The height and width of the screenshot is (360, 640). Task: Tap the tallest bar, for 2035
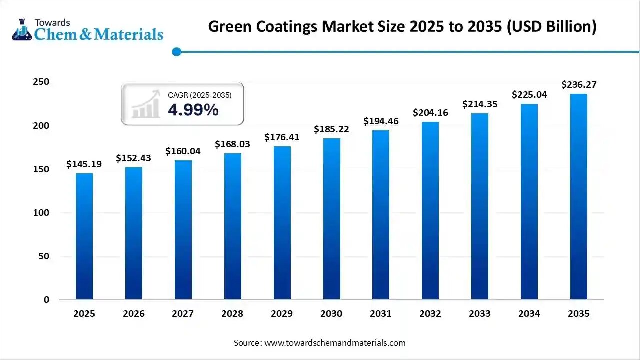(579, 197)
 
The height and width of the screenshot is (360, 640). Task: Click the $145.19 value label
(84, 164)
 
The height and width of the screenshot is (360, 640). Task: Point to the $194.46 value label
(381, 121)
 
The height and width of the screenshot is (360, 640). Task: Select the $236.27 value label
(579, 84)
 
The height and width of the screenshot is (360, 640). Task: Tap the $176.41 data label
(282, 137)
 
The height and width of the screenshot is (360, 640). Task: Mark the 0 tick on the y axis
(46, 300)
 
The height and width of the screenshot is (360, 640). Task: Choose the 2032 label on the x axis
(430, 314)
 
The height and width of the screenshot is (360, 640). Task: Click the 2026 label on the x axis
(134, 314)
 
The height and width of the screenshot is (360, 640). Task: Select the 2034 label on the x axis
(529, 314)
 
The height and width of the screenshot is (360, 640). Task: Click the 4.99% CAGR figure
(193, 110)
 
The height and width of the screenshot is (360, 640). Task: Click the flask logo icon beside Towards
(21, 30)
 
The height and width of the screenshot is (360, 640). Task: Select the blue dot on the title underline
(176, 51)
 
